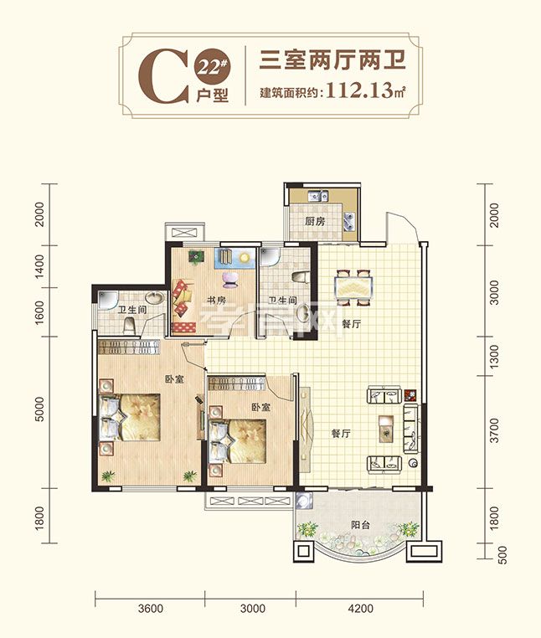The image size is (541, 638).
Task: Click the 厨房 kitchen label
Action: point(315,222)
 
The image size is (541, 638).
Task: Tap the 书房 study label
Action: point(216,301)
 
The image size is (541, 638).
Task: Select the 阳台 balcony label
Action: point(361,524)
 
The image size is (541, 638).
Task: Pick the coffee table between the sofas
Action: point(386,429)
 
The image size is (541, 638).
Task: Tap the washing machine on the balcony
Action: point(304,500)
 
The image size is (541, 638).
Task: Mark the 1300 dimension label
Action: point(494,357)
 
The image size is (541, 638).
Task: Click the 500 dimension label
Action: point(502,555)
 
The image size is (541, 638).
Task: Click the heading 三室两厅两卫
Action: point(332,60)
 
